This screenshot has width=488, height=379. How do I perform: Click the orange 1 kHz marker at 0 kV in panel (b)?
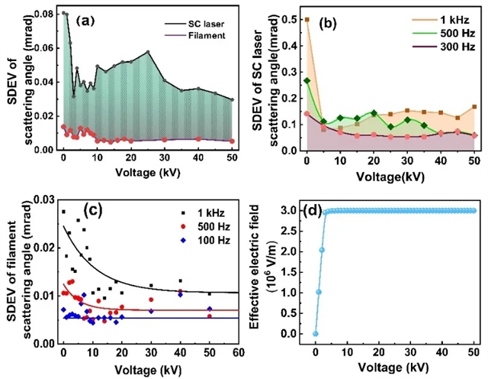coord(307,20)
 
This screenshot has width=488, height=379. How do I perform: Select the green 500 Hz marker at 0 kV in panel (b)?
coord(307,80)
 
